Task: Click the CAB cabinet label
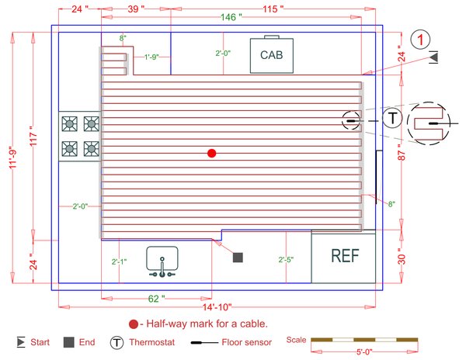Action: tap(271, 55)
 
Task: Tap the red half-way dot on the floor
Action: tap(211, 154)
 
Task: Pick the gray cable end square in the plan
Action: tap(238, 257)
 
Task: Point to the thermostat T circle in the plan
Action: tap(393, 119)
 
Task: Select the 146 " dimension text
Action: tap(230, 17)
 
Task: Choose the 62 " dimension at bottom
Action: tap(156, 298)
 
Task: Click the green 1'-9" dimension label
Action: tap(151, 57)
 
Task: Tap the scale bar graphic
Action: tap(363, 340)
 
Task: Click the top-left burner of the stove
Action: tap(70, 123)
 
